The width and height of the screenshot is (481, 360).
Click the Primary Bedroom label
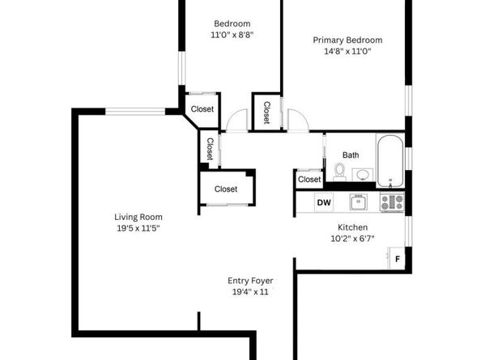pyautogui.click(x=347, y=40)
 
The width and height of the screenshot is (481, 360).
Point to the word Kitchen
pyautogui.click(x=352, y=228)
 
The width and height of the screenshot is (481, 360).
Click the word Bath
pyautogui.click(x=351, y=155)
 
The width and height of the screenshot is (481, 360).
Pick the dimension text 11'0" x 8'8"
pyautogui.click(x=232, y=36)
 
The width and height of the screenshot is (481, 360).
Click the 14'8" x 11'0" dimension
pyautogui.click(x=347, y=52)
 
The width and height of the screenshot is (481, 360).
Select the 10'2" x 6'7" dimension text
pyautogui.click(x=352, y=239)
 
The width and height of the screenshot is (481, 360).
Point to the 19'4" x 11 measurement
pyautogui.click(x=249, y=292)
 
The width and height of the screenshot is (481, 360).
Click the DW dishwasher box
pyautogui.click(x=323, y=203)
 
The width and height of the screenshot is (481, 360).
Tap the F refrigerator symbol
pyautogui.click(x=397, y=260)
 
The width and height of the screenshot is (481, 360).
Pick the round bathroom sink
pyautogui.click(x=362, y=175)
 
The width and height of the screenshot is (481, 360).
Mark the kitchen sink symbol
pyautogui.click(x=358, y=202)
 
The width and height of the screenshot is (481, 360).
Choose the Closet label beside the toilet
pyautogui.click(x=309, y=180)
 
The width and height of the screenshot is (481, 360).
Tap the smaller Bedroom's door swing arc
pyautogui.click(x=236, y=122)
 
